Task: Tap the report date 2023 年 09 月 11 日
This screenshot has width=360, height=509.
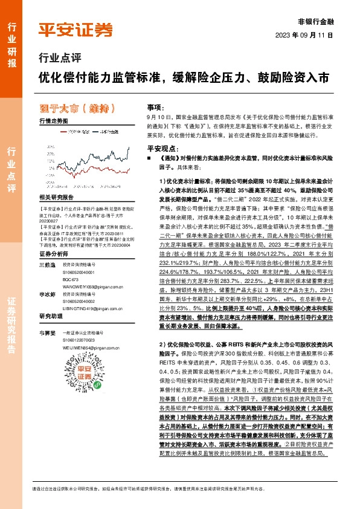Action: coord(307,34)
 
